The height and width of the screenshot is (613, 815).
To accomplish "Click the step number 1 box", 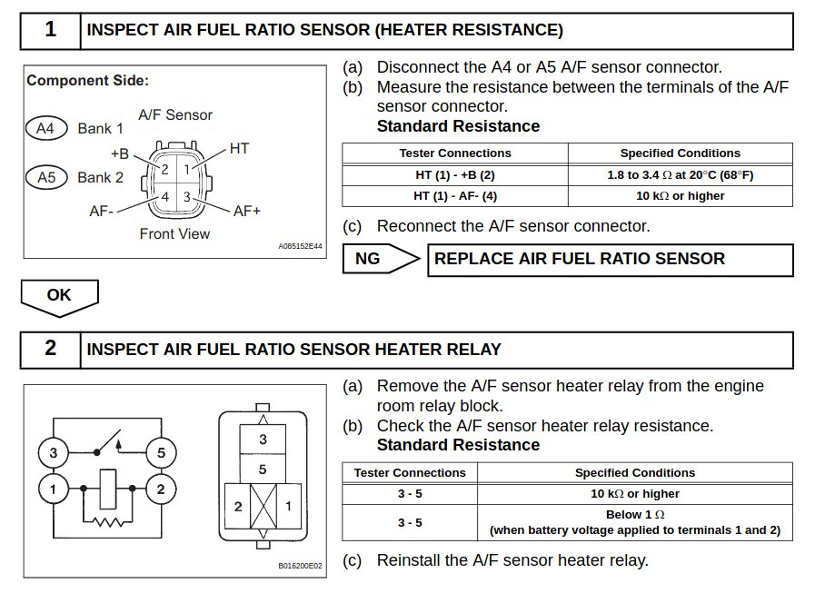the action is (x=50, y=31).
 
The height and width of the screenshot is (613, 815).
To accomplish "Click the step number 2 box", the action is (x=50, y=350).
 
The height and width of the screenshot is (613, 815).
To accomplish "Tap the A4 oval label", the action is (x=46, y=128).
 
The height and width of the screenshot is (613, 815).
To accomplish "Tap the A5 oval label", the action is (x=46, y=177).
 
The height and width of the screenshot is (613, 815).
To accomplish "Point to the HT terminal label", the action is (x=239, y=149).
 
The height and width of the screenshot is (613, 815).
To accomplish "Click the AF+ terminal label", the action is (x=247, y=211).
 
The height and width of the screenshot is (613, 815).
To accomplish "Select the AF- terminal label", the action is (x=102, y=211).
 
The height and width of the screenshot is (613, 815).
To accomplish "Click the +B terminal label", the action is (x=120, y=153).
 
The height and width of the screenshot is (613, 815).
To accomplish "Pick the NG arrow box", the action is (x=381, y=258).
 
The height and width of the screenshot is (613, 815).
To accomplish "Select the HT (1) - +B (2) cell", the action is (x=455, y=175).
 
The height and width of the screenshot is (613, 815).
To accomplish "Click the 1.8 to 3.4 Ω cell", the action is (x=681, y=175).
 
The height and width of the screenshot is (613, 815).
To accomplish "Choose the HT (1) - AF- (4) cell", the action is (x=455, y=196).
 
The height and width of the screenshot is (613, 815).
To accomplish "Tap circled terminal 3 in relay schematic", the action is (x=54, y=452).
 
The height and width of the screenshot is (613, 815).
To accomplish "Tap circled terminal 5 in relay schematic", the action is (x=161, y=452).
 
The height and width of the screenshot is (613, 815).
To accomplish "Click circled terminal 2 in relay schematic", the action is (x=161, y=489).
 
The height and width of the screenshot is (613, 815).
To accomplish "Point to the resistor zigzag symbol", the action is (x=108, y=521).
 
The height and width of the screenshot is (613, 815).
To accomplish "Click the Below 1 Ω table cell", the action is (x=635, y=522).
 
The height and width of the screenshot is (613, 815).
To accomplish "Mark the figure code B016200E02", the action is (x=300, y=566).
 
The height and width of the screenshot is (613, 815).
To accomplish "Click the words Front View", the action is (x=174, y=233).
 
